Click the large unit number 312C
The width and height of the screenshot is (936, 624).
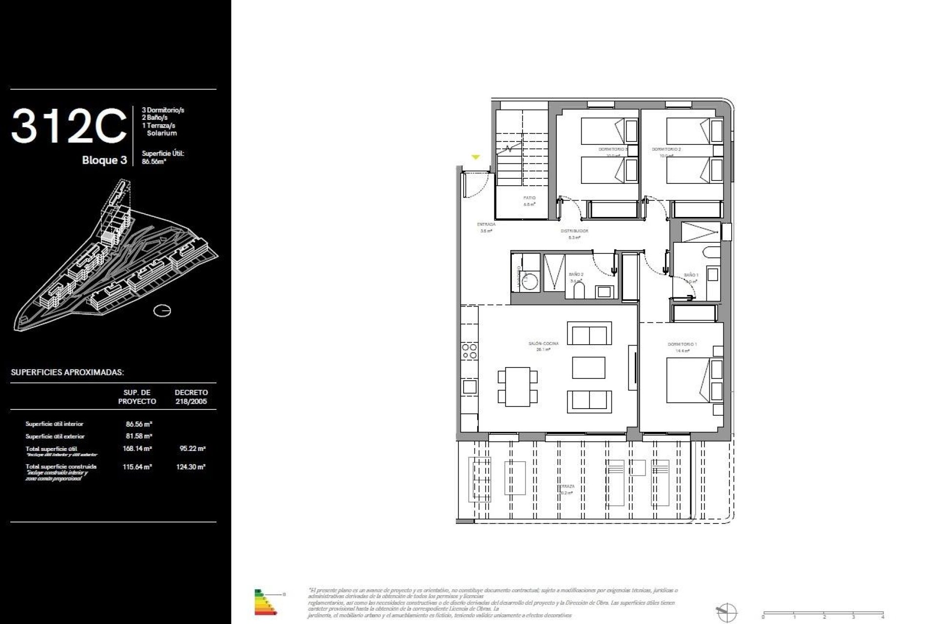68,126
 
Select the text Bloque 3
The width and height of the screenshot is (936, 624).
104,160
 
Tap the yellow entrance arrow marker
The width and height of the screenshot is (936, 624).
475,157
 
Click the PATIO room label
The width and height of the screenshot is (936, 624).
529,198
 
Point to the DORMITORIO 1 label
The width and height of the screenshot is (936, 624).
682,345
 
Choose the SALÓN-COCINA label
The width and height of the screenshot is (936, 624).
543,344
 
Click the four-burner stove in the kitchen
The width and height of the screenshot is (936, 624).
469,351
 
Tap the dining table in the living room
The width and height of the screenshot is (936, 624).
517,387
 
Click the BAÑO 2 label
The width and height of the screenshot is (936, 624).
576,274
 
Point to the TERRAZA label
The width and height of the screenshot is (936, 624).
566,487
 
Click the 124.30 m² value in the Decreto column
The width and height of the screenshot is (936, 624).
191,467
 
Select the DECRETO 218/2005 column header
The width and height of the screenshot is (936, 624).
191,397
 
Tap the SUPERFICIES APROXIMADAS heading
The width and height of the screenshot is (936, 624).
67,372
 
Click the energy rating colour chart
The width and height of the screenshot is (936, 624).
265,602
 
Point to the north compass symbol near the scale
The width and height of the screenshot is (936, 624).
726,612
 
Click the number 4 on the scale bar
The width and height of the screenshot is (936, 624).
882,617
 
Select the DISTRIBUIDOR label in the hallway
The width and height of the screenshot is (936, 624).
574,231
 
